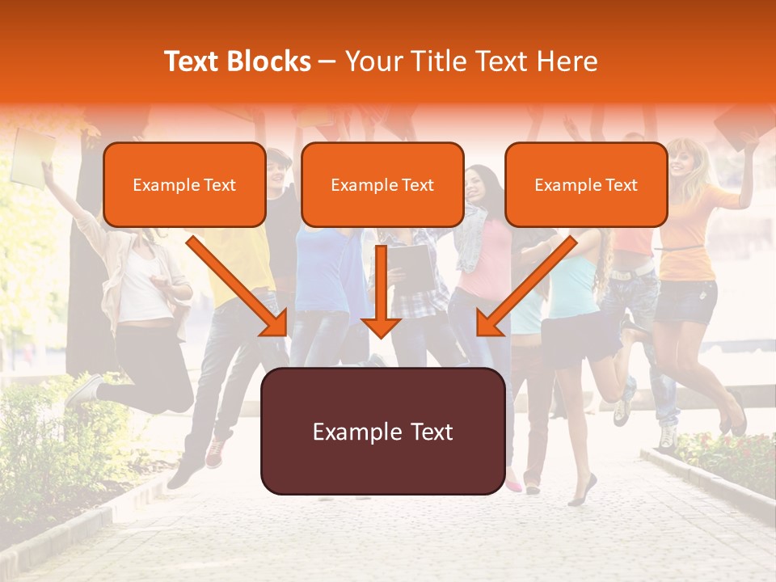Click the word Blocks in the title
pyautogui.click(x=268, y=61)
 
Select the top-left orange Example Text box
pyautogui.click(x=184, y=185)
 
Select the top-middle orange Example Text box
pyautogui.click(x=382, y=185)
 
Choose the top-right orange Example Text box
pyautogui.click(x=586, y=185)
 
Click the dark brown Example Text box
pyautogui.click(x=382, y=432)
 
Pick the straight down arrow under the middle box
pyautogui.click(x=382, y=291)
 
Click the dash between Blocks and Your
pyautogui.click(x=327, y=61)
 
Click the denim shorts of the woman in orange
pyautogui.click(x=685, y=302)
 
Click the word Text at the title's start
pyautogui.click(x=192, y=61)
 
